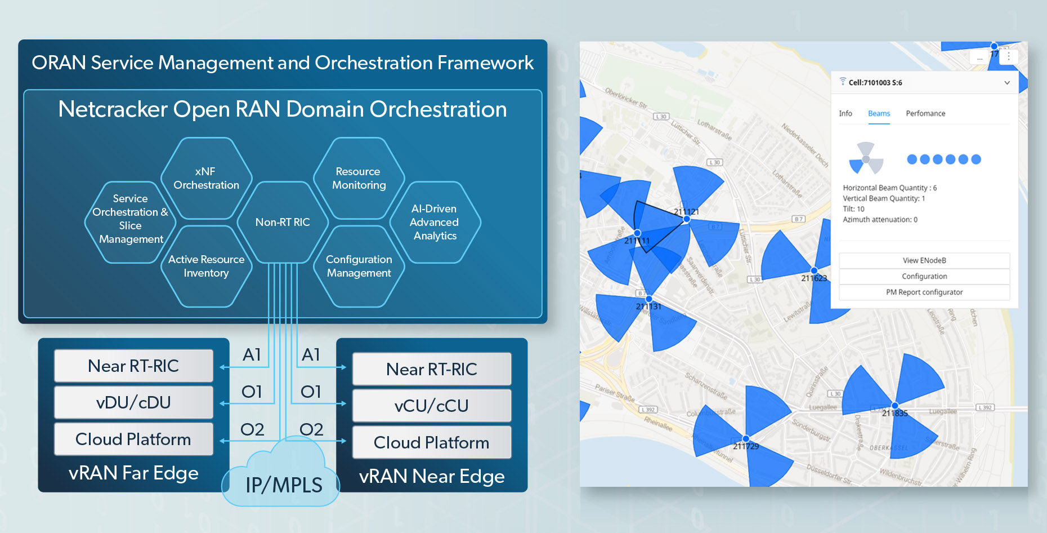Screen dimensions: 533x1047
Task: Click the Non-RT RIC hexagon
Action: coord(283,222)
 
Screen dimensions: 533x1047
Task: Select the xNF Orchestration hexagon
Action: coord(206,178)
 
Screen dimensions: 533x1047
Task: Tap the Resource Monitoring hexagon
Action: coord(359,178)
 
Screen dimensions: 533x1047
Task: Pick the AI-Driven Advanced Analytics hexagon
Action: coord(434,222)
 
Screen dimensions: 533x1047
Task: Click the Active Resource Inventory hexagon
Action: coord(206,266)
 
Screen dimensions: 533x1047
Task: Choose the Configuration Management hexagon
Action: coord(359,266)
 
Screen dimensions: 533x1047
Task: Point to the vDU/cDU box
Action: coord(133,402)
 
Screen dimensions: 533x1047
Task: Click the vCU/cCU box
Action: coord(431,406)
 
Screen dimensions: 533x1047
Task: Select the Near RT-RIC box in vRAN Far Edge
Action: coord(133,366)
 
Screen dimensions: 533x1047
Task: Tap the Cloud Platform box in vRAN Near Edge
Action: coord(431,442)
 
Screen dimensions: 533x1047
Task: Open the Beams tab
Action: coord(879,113)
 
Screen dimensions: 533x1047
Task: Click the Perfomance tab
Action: coord(925,113)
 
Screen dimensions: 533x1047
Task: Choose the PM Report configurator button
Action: coord(924,292)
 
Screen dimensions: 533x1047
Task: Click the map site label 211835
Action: coord(894,413)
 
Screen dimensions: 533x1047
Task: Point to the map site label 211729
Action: coord(746,446)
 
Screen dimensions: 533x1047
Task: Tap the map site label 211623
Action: coord(814,278)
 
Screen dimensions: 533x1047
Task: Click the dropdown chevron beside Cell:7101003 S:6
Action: coord(1006,83)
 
